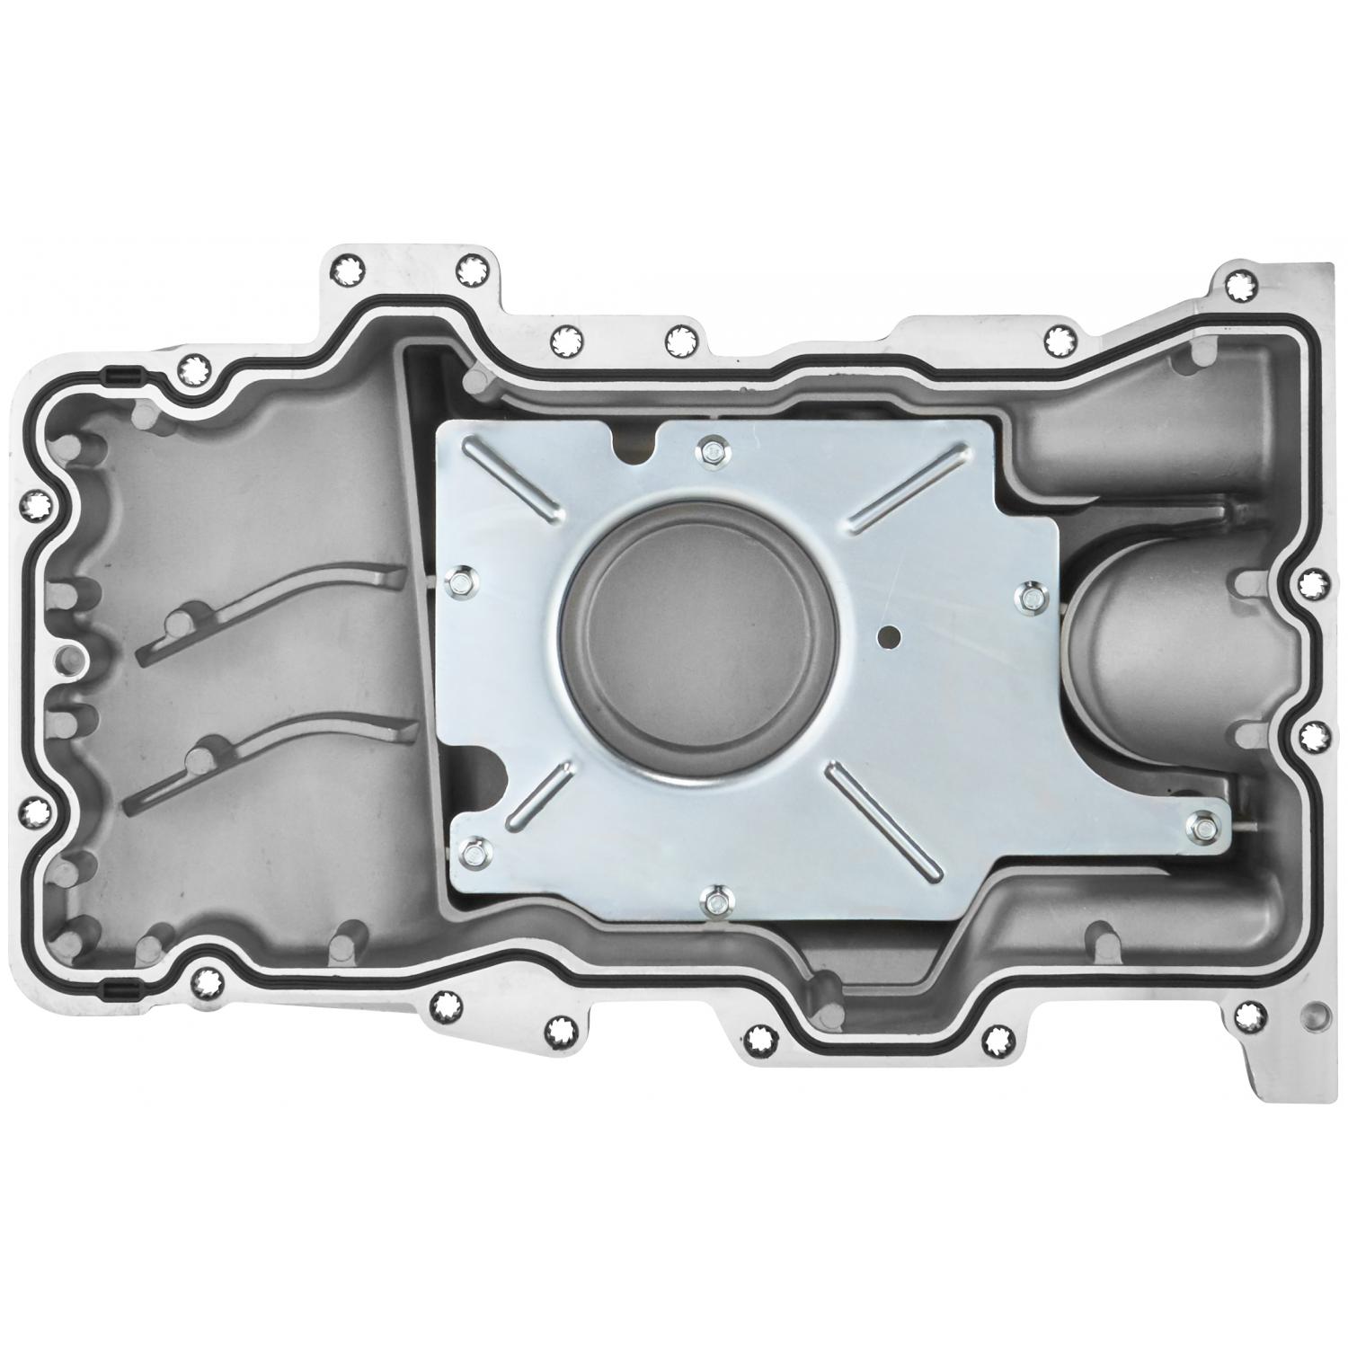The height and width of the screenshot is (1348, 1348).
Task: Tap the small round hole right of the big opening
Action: (x=888, y=635)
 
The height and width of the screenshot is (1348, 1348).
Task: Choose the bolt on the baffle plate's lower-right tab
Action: (x=1203, y=827)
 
